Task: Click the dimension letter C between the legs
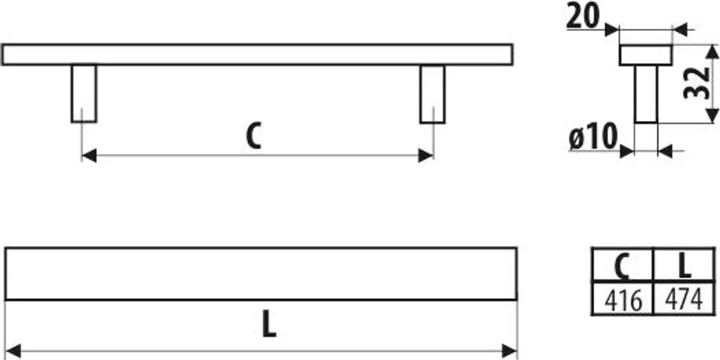click(x=253, y=136)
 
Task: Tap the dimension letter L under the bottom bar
click(x=269, y=324)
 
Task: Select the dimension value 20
click(x=583, y=17)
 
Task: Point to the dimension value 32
click(x=696, y=83)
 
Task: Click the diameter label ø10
click(x=592, y=137)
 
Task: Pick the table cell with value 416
click(x=623, y=299)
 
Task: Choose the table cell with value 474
click(x=683, y=299)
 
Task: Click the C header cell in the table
click(x=623, y=265)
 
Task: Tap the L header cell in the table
click(x=683, y=265)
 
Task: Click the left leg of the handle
click(x=84, y=94)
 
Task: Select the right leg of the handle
click(x=432, y=94)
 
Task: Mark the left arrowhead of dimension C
click(x=89, y=155)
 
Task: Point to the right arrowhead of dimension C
click(x=426, y=155)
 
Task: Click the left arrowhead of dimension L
click(x=13, y=352)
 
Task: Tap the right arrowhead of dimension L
click(x=510, y=352)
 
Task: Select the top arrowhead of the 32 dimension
click(x=712, y=51)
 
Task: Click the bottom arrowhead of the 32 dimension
click(x=712, y=116)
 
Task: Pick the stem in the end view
click(x=646, y=94)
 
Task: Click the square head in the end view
click(x=645, y=55)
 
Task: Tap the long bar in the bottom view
click(x=261, y=274)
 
